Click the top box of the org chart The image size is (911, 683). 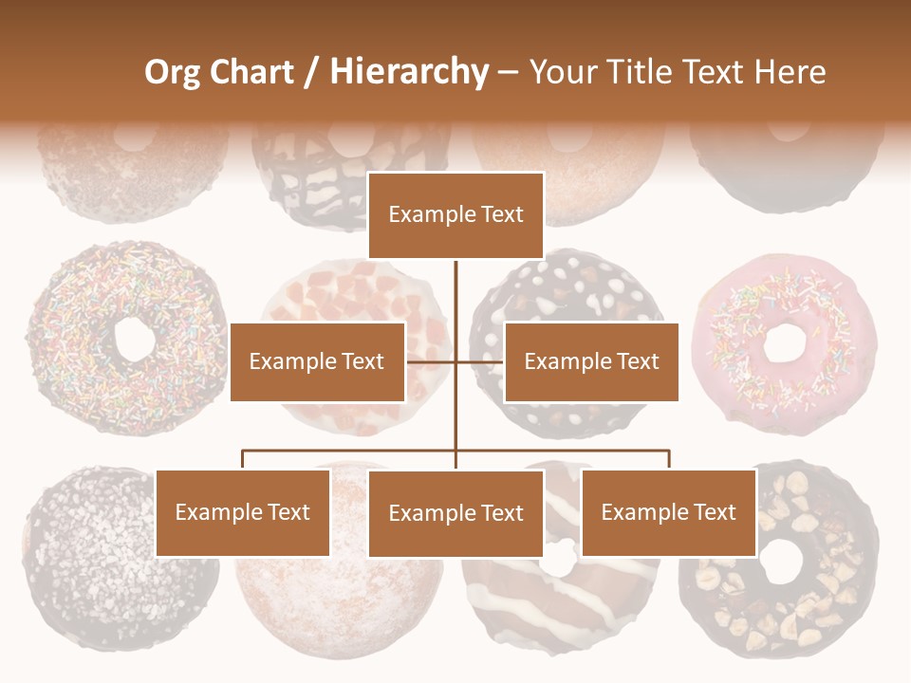tap(455, 215)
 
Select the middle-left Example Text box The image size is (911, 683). tap(317, 361)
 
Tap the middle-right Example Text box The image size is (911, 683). tap(591, 361)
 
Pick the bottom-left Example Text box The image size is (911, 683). tap(243, 512)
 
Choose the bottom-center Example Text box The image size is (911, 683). tap(455, 513)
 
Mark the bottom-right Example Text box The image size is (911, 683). tap(668, 512)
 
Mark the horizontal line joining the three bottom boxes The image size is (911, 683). tap(351, 451)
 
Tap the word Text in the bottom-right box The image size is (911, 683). tap(714, 512)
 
